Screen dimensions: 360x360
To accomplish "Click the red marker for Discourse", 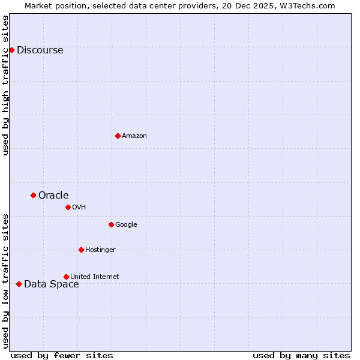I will coord(11,50).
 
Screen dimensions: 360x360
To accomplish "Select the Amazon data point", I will coord(118,136).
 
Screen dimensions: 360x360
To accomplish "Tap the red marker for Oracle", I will coord(33,195).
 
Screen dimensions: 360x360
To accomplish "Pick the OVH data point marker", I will coord(68,207).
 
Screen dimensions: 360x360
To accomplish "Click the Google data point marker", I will coord(111,224).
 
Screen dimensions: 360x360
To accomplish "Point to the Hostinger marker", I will coord(81,250).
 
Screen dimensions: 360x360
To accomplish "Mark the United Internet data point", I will coord(66,277).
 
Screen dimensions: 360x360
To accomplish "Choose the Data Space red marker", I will coord(19,284).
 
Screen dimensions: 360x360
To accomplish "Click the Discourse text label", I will coord(40,50).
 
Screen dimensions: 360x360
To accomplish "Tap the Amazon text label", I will coord(134,136).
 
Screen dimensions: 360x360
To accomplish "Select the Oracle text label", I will coord(53,195).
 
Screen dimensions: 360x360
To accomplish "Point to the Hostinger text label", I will coord(100,250).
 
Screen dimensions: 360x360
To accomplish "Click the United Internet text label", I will coord(94,277).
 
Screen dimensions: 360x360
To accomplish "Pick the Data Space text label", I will coord(51,284).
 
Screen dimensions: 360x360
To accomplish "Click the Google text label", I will coord(126,225).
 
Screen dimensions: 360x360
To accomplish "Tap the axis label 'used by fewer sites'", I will coord(62,355).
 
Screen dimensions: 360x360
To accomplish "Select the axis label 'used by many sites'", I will coord(301,355).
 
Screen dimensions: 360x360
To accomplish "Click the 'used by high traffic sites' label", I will coord(5,85).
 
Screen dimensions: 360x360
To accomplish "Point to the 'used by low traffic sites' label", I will coord(5,281).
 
